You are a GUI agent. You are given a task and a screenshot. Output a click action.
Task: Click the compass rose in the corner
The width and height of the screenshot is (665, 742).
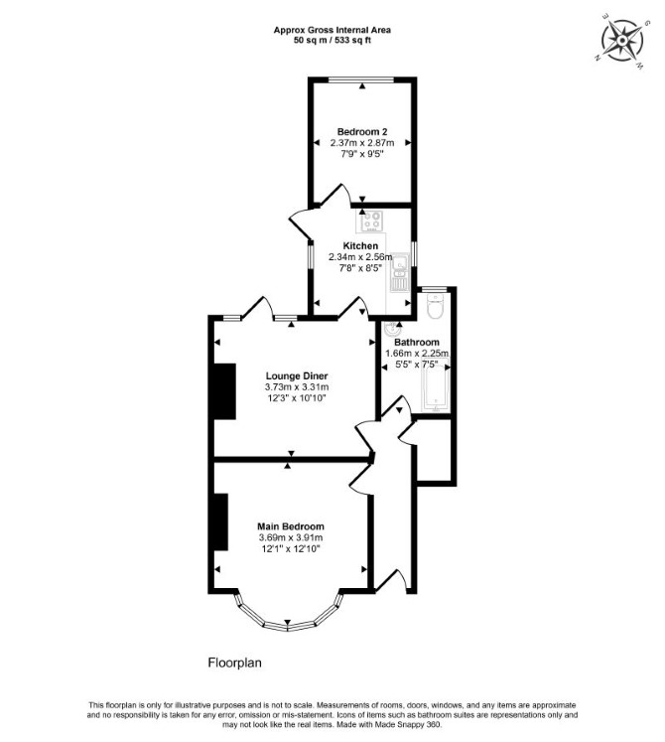pos(622,40)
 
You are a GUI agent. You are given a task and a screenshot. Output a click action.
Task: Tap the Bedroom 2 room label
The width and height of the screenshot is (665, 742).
pos(362,131)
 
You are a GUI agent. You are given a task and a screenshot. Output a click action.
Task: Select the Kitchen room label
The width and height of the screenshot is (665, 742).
pos(360,246)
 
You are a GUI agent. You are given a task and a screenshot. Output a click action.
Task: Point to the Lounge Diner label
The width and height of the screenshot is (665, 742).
pos(297,376)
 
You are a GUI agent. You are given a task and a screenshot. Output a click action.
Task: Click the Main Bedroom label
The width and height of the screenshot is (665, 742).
pos(291,526)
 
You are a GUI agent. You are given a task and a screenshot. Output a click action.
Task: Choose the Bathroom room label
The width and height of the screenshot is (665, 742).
pos(417,342)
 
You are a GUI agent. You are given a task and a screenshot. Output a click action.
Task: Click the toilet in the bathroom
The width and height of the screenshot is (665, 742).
pos(434,306)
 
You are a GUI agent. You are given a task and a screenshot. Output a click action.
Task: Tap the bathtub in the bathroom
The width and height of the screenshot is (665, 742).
pos(435,385)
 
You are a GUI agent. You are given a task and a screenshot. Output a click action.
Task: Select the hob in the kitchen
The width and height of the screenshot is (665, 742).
pos(372,222)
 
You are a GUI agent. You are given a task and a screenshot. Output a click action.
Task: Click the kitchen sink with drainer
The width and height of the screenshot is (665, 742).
pos(400,272)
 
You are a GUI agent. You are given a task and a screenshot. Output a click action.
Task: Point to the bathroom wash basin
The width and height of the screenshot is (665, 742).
pos(392,328)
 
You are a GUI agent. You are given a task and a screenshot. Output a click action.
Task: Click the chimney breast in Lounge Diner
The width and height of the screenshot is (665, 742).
pos(224,391)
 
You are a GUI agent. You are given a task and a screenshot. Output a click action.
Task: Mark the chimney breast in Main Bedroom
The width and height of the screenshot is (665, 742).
pos(221,521)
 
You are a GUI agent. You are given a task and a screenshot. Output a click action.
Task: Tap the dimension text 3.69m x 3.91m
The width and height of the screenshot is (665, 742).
pos(291,537)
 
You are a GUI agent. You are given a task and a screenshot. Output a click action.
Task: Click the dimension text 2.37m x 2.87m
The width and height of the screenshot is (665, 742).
pos(362,142)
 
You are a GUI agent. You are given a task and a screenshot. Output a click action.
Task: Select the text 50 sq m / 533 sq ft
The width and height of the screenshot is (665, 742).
pos(332,40)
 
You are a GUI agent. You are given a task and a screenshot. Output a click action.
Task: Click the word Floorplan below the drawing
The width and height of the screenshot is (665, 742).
pos(234,663)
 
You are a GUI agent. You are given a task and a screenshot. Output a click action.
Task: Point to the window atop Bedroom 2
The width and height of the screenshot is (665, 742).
pos(362,80)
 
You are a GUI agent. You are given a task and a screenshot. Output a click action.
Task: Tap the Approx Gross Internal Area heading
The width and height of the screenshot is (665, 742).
pos(332,30)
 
